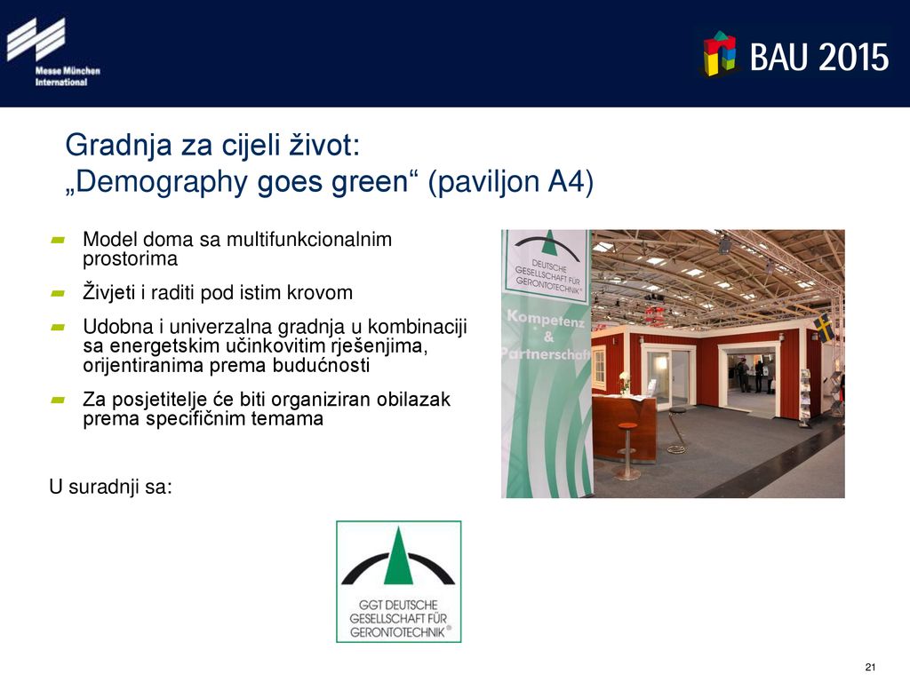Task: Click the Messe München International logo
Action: coord(53,52)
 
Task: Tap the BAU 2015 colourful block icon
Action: coord(720,54)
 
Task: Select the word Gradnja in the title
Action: coord(119,146)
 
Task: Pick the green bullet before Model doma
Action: coord(58,240)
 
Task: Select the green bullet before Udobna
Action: coord(58,327)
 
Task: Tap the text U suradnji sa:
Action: coord(111,487)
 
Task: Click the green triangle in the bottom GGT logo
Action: coord(398,557)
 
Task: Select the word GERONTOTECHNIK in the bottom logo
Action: coord(398,632)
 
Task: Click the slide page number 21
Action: coord(870,667)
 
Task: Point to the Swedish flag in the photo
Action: coord(824,328)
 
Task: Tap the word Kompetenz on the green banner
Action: coord(546,319)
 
